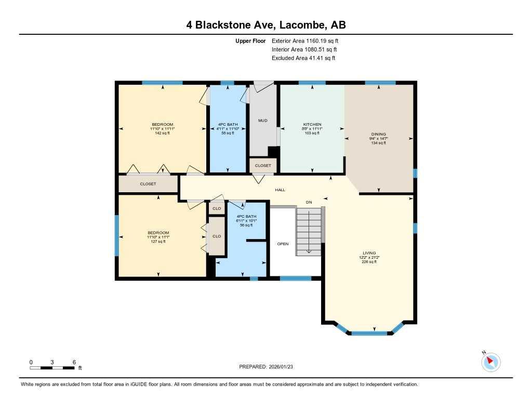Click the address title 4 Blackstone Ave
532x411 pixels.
[266, 24]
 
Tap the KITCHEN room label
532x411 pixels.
[312, 125]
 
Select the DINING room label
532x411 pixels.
[378, 134]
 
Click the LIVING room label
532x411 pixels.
[369, 253]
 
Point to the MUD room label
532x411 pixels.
[263, 121]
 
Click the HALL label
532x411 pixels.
[280, 190]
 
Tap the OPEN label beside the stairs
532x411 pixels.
[283, 244]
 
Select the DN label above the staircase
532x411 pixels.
[309, 202]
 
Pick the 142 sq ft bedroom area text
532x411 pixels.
[162, 133]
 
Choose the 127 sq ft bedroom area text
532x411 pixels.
[158, 241]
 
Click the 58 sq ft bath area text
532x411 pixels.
[228, 133]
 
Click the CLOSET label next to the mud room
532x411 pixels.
[263, 166]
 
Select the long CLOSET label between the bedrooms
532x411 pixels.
[148, 184]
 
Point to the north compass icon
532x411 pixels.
[490, 362]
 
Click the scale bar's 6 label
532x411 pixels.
[74, 362]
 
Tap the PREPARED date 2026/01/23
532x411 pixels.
[269, 367]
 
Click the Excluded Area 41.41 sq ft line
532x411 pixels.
[303, 58]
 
